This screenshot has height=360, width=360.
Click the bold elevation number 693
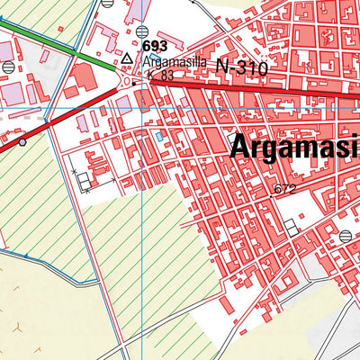[x=154, y=46]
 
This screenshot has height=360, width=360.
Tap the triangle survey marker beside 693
[x=127, y=59]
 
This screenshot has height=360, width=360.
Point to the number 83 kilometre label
[x=166, y=76]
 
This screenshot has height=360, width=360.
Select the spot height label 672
[x=284, y=189]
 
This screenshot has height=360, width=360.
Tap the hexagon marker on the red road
[x=22, y=141]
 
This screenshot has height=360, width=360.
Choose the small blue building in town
[x=159, y=136]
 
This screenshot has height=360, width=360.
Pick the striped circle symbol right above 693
[x=143, y=31]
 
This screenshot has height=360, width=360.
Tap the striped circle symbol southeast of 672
[x=346, y=236]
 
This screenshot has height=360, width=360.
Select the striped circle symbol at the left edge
[x=8, y=67]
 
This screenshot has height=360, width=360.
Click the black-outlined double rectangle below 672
[x=290, y=228]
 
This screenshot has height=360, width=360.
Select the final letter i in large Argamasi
[x=354, y=146]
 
